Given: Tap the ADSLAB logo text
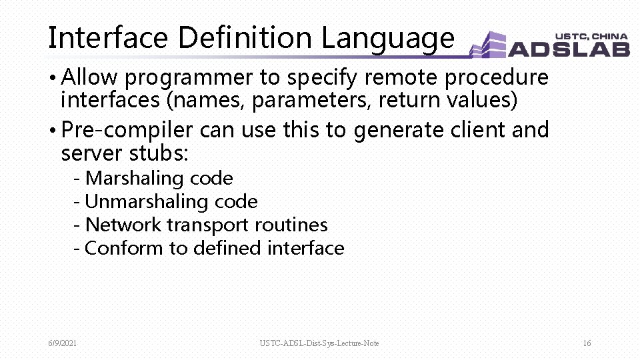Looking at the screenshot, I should click(x=569, y=49).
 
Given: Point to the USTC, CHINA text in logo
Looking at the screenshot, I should click(x=591, y=36).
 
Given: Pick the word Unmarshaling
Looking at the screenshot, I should click(x=147, y=201).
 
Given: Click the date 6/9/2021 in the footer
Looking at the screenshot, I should click(x=62, y=343).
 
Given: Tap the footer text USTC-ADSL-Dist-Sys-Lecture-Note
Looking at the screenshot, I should click(x=319, y=343).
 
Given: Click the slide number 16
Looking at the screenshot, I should click(x=587, y=343).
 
